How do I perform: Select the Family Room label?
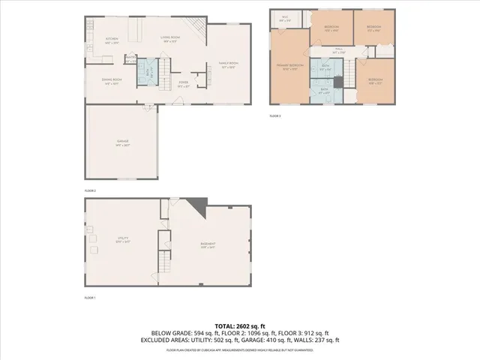tap(229, 65)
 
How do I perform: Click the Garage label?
tap(121, 143)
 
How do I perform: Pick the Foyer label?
tap(183, 84)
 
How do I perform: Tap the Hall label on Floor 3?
tap(338, 52)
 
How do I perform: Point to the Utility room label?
tap(121, 240)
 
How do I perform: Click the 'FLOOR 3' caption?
tap(275, 116)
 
